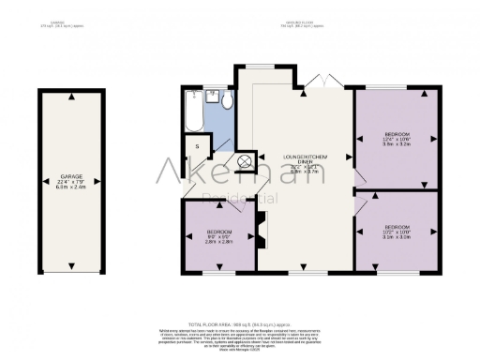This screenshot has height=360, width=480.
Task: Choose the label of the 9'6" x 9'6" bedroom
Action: coord(219,235)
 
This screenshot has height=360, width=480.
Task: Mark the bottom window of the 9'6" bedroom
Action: coord(219,274)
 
